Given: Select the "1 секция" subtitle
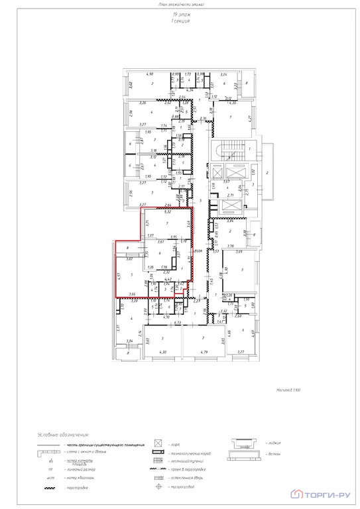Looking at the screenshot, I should coord(179,21).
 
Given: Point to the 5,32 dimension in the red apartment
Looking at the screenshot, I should coord(168,212).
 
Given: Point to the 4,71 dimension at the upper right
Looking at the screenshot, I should coord(249,118).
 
